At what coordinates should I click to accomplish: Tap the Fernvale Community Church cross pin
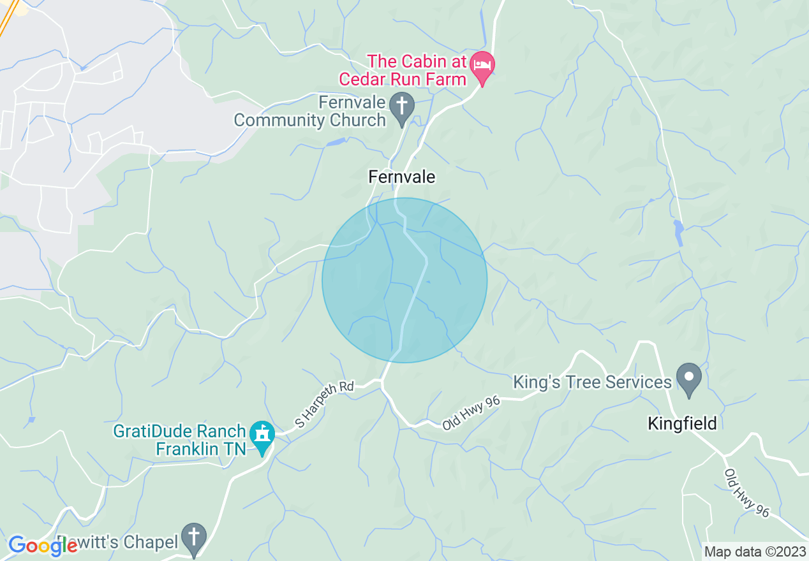click(402, 105)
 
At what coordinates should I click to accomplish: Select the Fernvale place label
click(402, 177)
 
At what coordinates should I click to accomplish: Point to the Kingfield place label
click(682, 423)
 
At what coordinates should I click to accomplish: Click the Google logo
click(43, 546)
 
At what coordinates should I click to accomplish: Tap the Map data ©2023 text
click(754, 551)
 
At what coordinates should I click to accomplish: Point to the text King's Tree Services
click(593, 382)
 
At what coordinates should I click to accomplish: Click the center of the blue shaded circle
click(404, 280)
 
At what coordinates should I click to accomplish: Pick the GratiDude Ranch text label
click(179, 432)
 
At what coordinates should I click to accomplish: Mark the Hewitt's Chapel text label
click(121, 543)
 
